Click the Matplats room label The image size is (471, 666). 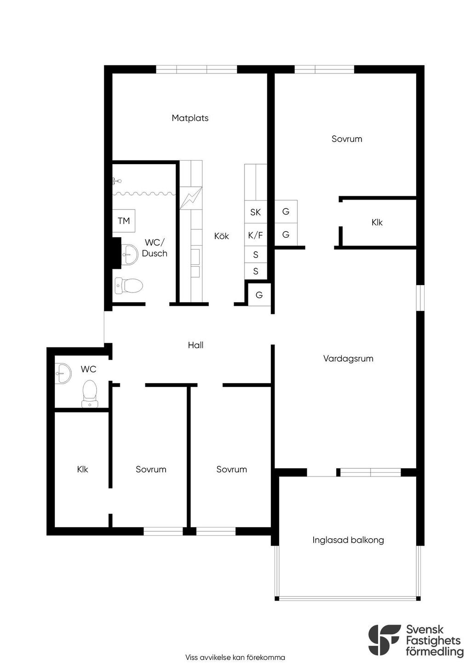190,118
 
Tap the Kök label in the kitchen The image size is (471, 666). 222,236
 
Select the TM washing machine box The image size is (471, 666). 124,221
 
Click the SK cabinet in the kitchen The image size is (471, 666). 255,212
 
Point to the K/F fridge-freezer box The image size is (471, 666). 255,235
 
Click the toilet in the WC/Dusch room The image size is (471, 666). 129,286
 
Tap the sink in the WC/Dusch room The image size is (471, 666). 129,254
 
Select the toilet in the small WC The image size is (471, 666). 90,394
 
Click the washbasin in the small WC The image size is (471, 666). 63,373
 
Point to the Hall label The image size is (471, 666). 195,345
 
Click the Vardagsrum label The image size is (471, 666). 348,359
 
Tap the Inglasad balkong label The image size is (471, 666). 348,540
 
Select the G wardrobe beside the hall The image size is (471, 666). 259,295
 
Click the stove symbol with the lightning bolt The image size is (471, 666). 191,198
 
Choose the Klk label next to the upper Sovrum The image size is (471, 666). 377,223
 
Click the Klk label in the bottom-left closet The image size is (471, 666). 82,469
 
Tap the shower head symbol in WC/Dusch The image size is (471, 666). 117,180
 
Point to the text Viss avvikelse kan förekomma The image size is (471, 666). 235,657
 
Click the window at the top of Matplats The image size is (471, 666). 196,69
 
